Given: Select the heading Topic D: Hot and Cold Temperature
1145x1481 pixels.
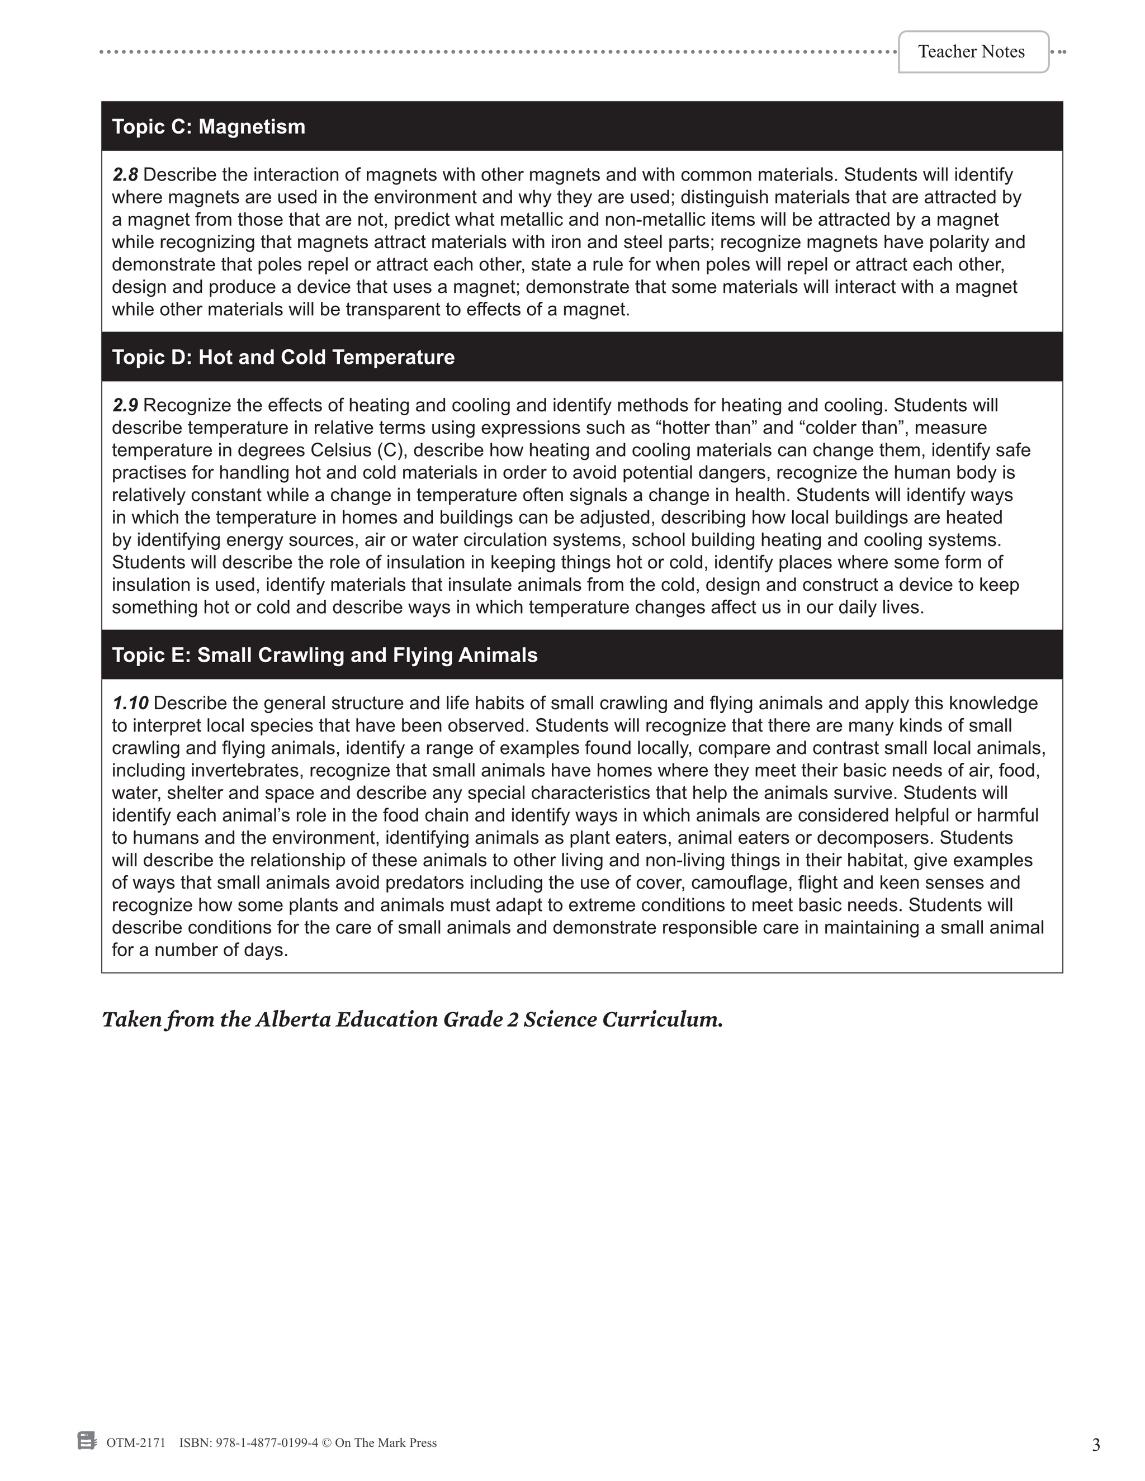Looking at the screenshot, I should click(283, 357).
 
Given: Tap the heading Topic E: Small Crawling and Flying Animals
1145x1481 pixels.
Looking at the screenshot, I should click(324, 655).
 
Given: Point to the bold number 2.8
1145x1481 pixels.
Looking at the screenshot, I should click(125, 175).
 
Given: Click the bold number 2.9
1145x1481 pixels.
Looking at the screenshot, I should click(125, 406).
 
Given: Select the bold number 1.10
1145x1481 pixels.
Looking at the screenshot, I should click(130, 703).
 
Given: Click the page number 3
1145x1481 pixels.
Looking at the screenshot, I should click(1095, 1445).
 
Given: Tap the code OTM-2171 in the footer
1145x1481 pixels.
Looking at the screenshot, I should click(136, 1443).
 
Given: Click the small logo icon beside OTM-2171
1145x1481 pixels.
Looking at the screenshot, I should click(86, 1441).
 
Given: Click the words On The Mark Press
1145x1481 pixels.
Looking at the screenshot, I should click(385, 1443).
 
